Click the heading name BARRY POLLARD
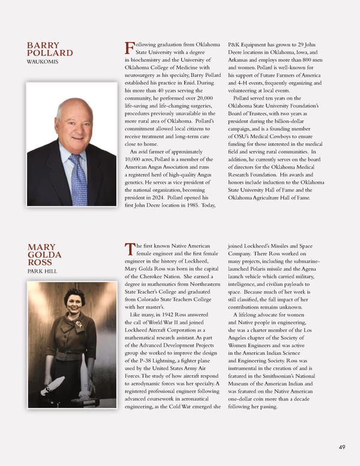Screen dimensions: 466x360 click(x=50, y=49)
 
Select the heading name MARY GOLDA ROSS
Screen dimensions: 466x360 click(x=44, y=255)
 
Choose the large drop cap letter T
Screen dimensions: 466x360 click(x=128, y=249)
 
